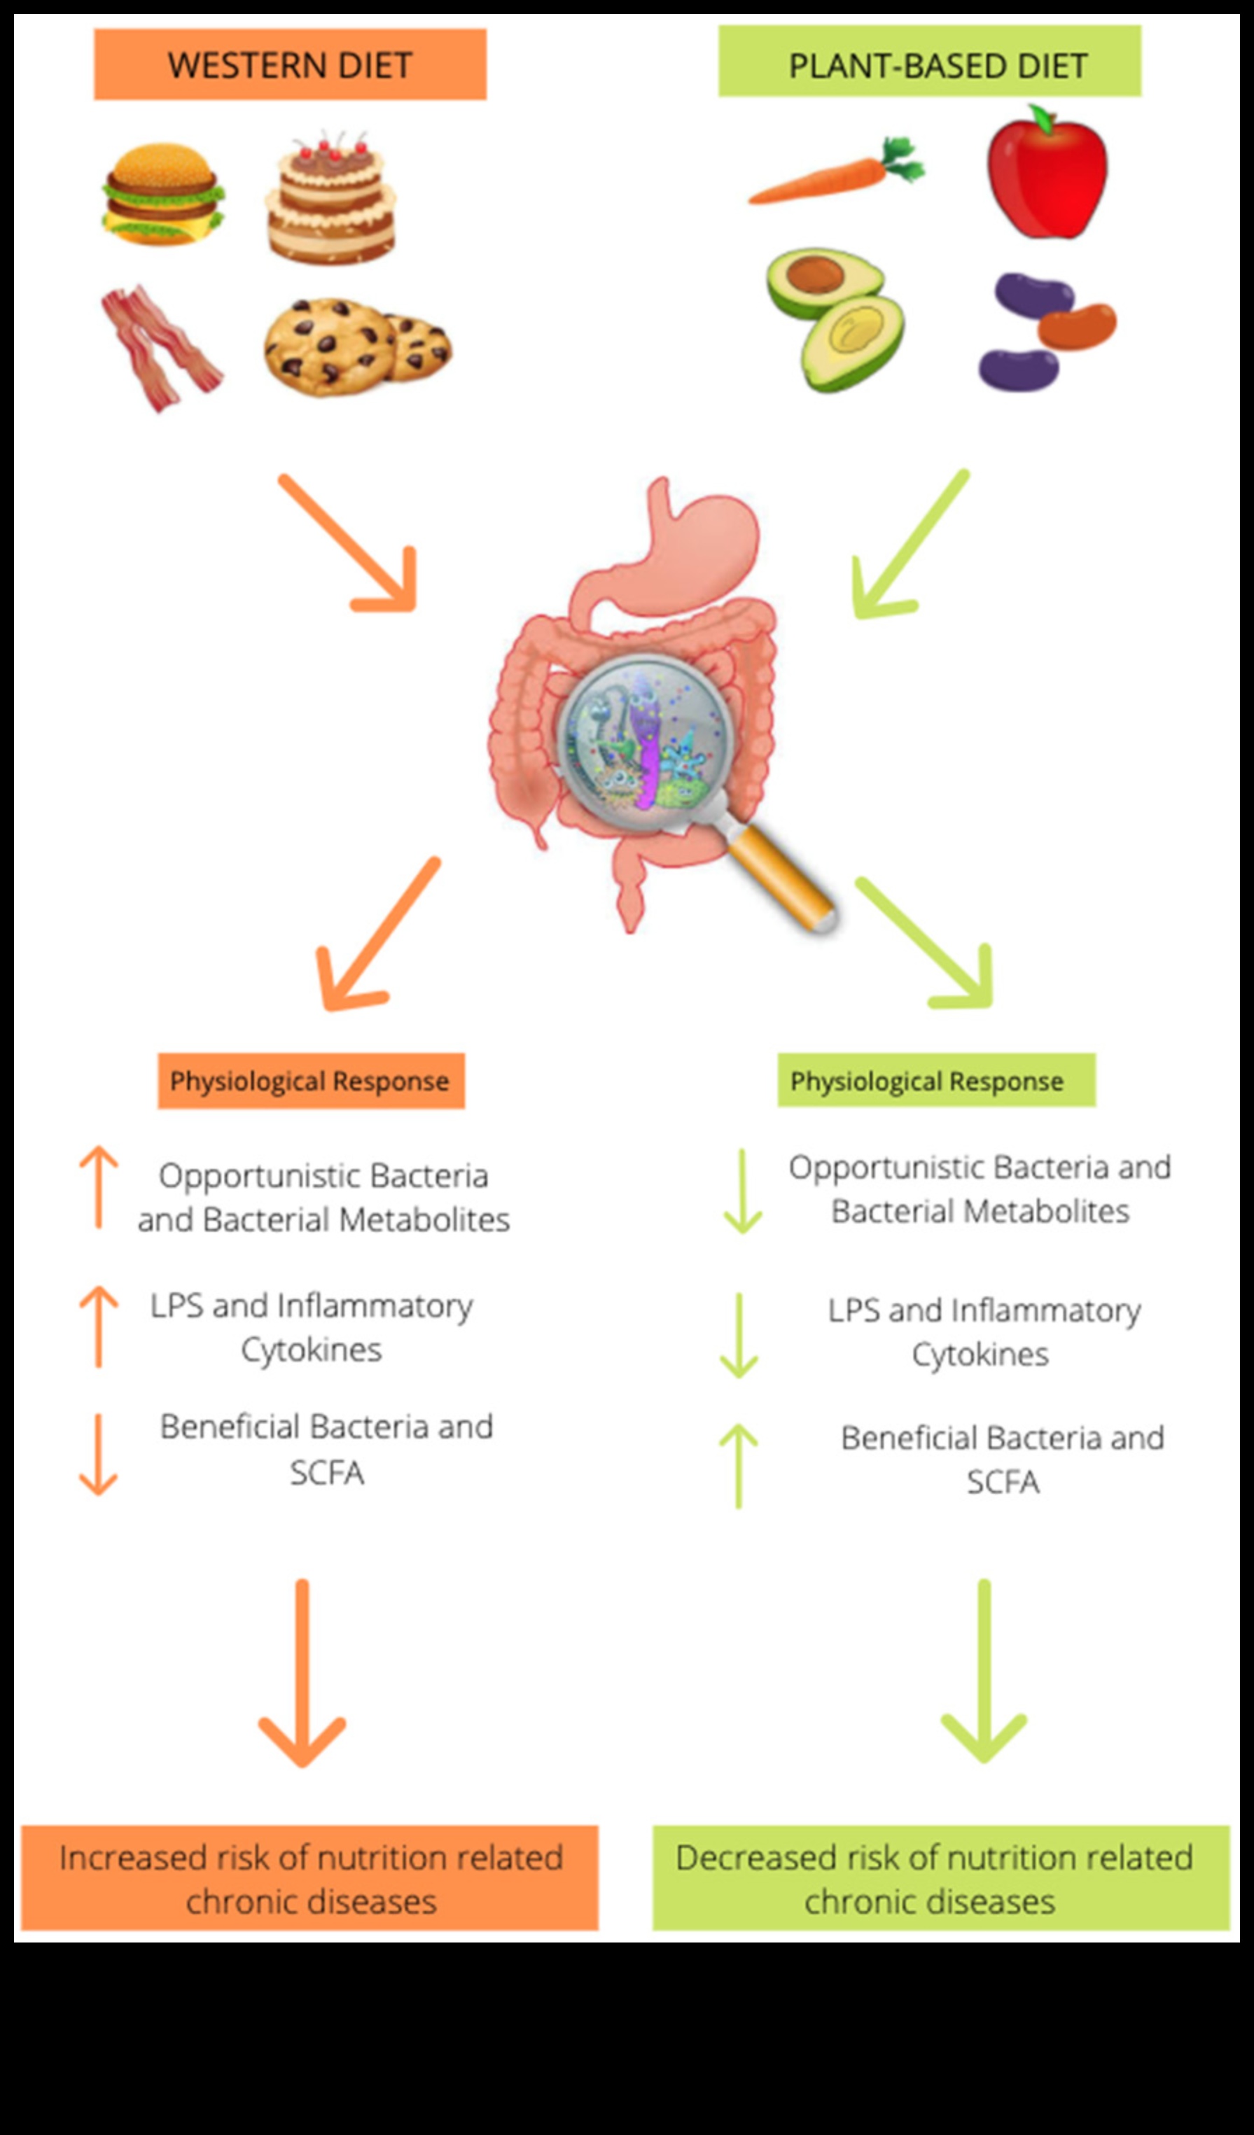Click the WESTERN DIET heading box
(x=290, y=64)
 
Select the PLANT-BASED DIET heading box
(x=930, y=61)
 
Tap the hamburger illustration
(x=162, y=194)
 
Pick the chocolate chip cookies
(x=356, y=347)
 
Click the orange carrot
(x=835, y=174)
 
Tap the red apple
(x=1047, y=174)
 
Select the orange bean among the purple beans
(x=1076, y=325)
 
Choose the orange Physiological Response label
(x=311, y=1080)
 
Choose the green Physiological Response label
(x=936, y=1080)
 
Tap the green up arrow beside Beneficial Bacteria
(x=739, y=1466)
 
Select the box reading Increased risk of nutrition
(x=310, y=1878)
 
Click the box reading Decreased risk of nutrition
(x=940, y=1878)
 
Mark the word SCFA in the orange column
(x=327, y=1474)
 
